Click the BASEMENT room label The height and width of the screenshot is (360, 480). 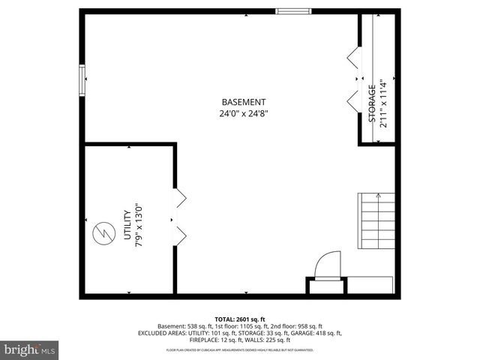click(x=244, y=102)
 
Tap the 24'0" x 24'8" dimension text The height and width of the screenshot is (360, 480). click(x=244, y=114)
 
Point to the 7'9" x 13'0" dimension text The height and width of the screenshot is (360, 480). click(x=138, y=225)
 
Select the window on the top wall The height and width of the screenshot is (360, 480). click(x=293, y=11)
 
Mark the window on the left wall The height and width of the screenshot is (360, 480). click(x=82, y=79)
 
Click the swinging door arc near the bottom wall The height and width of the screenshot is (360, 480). click(x=327, y=265)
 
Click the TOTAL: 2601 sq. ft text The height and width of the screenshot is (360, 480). click(x=240, y=319)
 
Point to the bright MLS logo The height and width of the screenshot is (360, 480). click(x=30, y=349)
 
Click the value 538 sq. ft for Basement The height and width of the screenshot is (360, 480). click(x=196, y=326)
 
